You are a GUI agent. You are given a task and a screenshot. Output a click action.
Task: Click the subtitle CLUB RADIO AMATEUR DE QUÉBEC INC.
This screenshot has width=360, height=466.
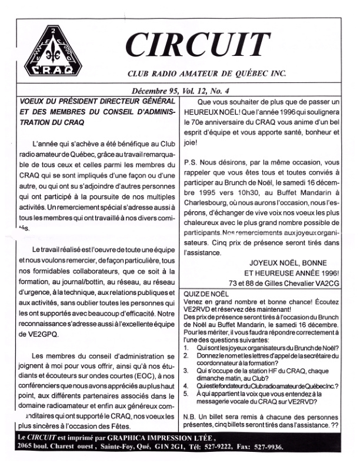[x=206, y=74]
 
